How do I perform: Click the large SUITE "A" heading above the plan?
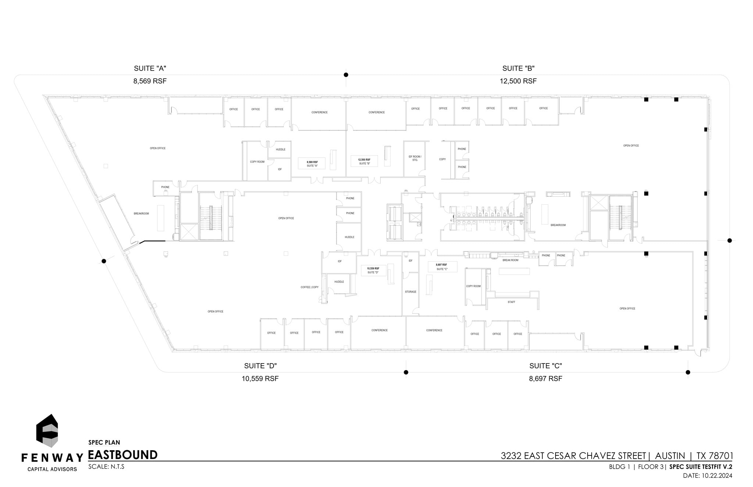pyautogui.click(x=150, y=68)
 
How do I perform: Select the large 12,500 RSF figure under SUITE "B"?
pyautogui.click(x=518, y=81)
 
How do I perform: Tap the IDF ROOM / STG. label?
pyautogui.click(x=415, y=158)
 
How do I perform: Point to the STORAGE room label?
pyautogui.click(x=411, y=292)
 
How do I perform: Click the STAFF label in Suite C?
pyautogui.click(x=511, y=302)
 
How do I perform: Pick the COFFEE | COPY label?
pyautogui.click(x=310, y=287)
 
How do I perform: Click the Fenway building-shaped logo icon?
pyautogui.click(x=47, y=430)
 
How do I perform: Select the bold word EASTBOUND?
pyautogui.click(x=123, y=455)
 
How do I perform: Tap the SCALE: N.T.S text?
pyautogui.click(x=106, y=467)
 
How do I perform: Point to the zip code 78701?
pyautogui.click(x=721, y=456)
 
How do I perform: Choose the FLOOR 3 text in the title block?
pyautogui.click(x=651, y=467)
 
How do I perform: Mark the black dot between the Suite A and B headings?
pyautogui.click(x=346, y=75)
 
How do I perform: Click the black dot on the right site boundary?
pyautogui.click(x=729, y=241)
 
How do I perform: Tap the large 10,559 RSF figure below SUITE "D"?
pyautogui.click(x=260, y=379)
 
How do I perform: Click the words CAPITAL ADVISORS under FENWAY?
pyautogui.click(x=52, y=469)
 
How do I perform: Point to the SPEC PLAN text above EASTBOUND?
pyautogui.click(x=104, y=443)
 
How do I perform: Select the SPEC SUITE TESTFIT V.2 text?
pyautogui.click(x=701, y=467)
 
